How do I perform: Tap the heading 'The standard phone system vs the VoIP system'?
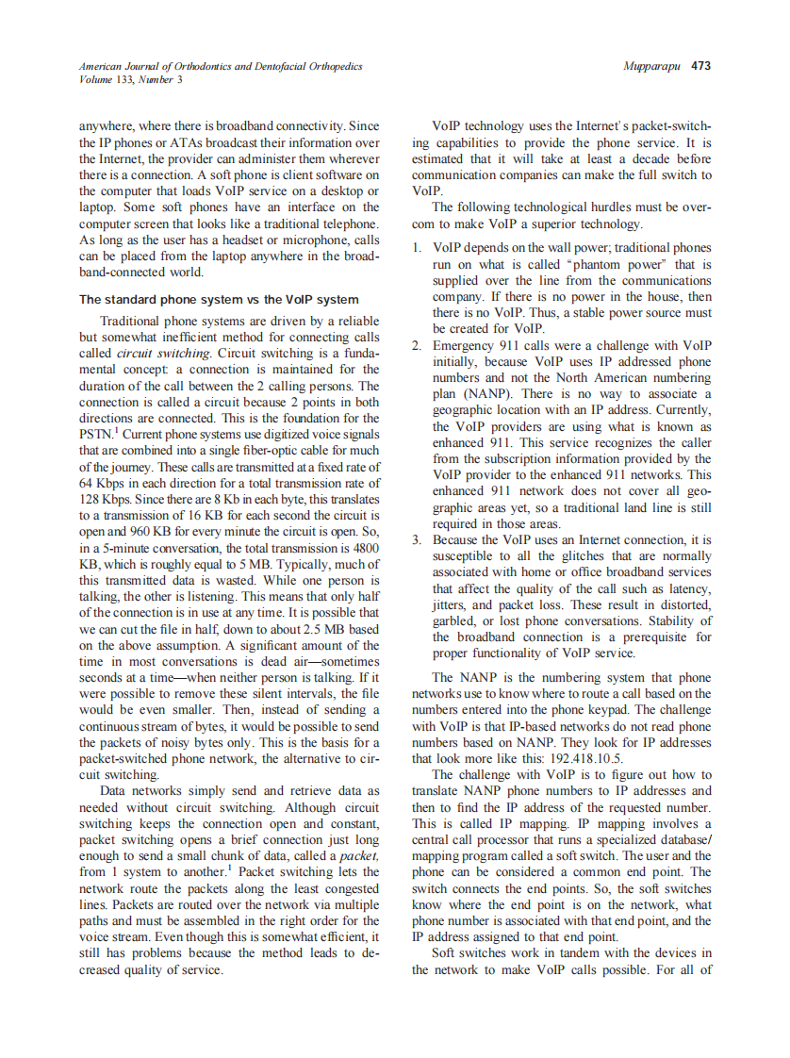point(219,300)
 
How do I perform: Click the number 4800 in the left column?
point(366,546)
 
